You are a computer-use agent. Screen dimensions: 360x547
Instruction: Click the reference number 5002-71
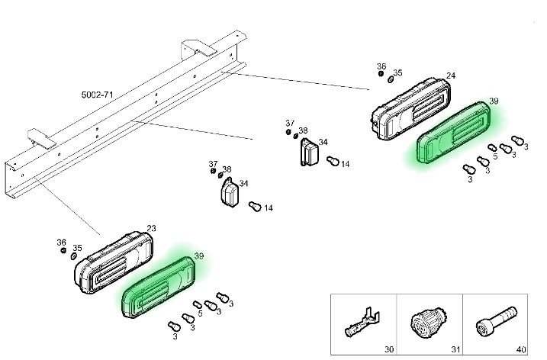[x=97, y=95]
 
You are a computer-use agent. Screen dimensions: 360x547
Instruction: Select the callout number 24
[x=451, y=76]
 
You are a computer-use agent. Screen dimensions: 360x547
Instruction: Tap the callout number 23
[x=151, y=228]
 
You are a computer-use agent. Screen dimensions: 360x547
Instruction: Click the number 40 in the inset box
[x=521, y=349]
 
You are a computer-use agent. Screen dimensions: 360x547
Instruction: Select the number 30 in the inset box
[x=388, y=349]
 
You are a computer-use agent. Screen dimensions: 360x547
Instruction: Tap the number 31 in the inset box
[x=455, y=349]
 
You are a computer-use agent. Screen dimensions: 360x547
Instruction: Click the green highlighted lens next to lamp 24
[x=456, y=135]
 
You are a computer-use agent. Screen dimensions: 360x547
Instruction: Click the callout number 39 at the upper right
[x=494, y=101]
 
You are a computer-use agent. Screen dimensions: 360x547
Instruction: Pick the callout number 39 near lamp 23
[x=199, y=256]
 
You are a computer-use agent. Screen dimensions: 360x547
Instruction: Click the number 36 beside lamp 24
[x=381, y=67]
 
